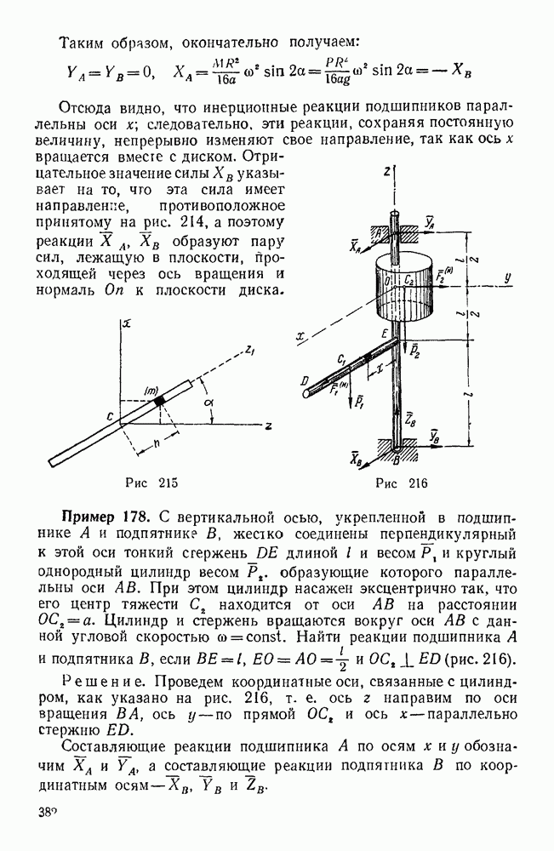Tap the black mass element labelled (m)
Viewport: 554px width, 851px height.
[x=158, y=401]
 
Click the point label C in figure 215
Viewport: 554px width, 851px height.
[x=110, y=416]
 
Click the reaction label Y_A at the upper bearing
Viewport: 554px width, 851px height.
[x=429, y=222]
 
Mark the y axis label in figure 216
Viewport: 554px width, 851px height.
[x=506, y=277]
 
